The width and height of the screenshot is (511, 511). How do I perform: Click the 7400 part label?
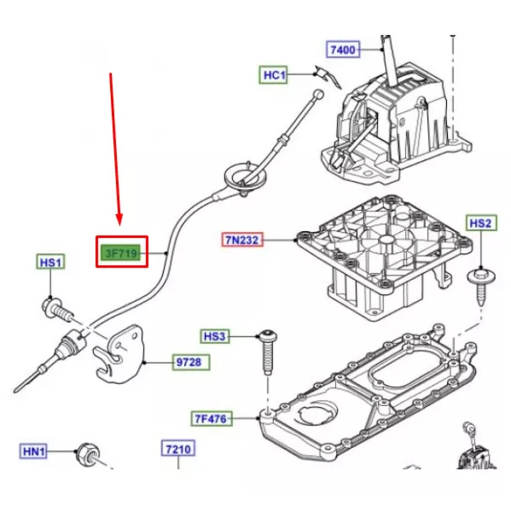[x=343, y=50]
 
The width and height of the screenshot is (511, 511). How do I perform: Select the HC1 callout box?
[x=274, y=75]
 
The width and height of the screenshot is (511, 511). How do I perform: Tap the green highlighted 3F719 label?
[x=121, y=253]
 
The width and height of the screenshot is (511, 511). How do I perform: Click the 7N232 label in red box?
[x=242, y=240]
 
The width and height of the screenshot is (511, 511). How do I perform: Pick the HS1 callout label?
[x=51, y=262]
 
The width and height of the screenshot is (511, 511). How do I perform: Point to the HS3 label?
[x=215, y=336]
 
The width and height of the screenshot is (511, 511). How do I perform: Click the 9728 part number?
[x=190, y=362]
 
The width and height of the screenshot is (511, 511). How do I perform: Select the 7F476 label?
[x=211, y=419]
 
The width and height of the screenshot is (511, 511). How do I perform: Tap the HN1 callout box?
[x=34, y=451]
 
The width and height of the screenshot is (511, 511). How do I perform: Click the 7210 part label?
[x=178, y=449]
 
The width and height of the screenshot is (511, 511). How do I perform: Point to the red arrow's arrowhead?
[x=119, y=220]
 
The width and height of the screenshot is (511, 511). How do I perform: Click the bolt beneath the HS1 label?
[x=57, y=309]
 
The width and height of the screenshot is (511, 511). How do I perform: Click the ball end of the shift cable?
[x=319, y=94]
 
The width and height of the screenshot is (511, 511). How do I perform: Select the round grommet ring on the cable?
[x=246, y=177]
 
